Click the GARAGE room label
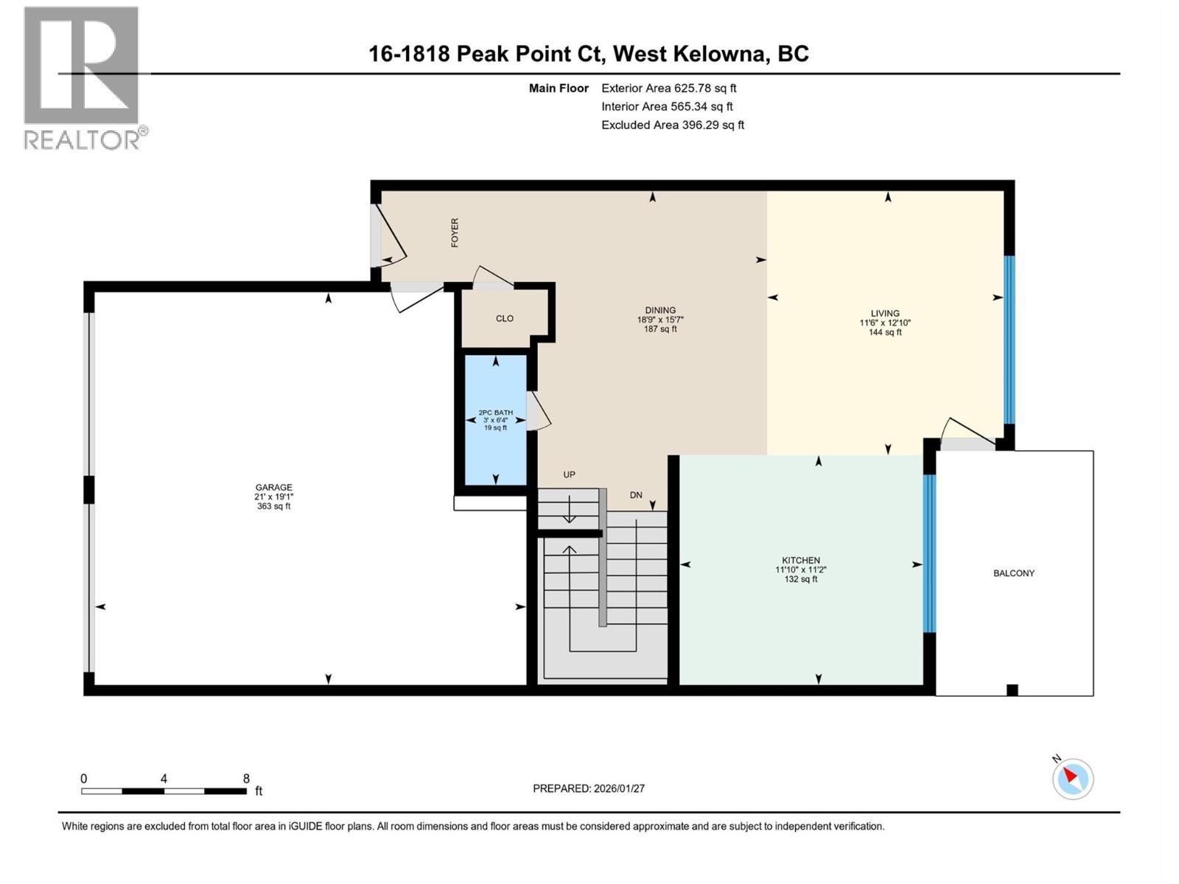pyautogui.click(x=273, y=488)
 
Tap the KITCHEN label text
pyautogui.click(x=801, y=561)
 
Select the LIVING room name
pyautogui.click(x=885, y=314)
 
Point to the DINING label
pyautogui.click(x=660, y=310)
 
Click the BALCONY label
pyautogui.click(x=1013, y=573)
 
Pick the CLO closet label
pyautogui.click(x=504, y=319)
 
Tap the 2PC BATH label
pyautogui.click(x=495, y=413)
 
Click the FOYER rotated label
pyautogui.click(x=455, y=232)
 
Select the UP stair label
pyautogui.click(x=569, y=474)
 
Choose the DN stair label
pyautogui.click(x=636, y=495)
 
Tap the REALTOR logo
pyautogui.click(x=85, y=78)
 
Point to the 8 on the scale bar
pyautogui.click(x=246, y=778)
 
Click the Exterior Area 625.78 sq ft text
pyautogui.click(x=669, y=88)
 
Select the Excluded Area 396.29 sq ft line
pyautogui.click(x=673, y=125)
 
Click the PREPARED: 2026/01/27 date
pyautogui.click(x=588, y=788)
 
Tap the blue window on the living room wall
pyautogui.click(x=1010, y=340)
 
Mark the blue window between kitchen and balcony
pyautogui.click(x=929, y=553)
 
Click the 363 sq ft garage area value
pyautogui.click(x=273, y=506)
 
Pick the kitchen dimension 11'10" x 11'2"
pyautogui.click(x=801, y=570)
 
